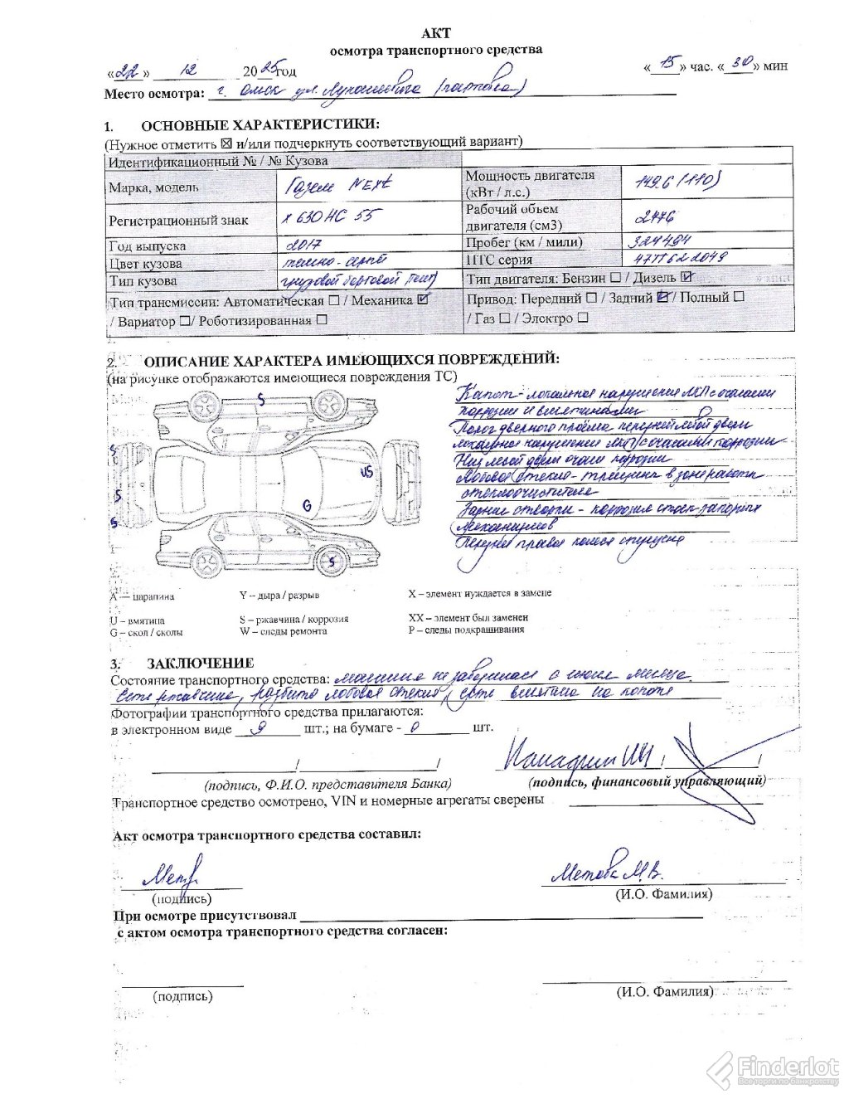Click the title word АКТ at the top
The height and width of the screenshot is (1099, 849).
(x=436, y=33)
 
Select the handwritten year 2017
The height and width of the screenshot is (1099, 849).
(x=303, y=245)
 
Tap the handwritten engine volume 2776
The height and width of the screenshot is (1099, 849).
(x=654, y=216)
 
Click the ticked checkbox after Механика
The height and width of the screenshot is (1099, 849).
(x=424, y=299)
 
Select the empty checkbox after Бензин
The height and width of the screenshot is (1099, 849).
(x=615, y=279)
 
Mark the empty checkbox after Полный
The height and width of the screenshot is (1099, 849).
(x=739, y=296)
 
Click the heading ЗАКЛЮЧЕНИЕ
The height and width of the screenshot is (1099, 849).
(x=200, y=663)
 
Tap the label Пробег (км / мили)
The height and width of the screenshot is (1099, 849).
(x=524, y=242)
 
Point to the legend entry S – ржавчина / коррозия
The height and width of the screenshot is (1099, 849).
(x=294, y=619)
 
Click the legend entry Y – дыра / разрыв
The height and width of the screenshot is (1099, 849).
(x=279, y=595)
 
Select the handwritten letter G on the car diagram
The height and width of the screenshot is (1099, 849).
(x=306, y=504)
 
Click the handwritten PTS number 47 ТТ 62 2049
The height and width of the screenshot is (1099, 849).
(x=674, y=259)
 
